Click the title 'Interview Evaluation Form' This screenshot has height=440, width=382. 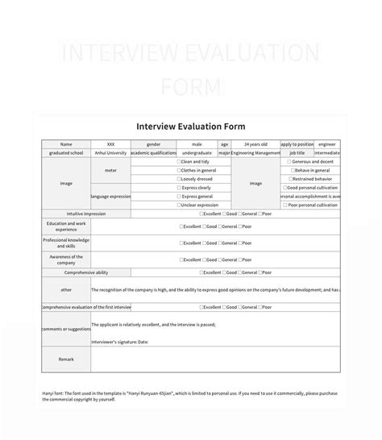[191, 127]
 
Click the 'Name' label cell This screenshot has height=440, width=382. [66, 144]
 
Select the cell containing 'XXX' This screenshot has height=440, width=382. [110, 144]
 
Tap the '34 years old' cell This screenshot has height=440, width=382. [255, 144]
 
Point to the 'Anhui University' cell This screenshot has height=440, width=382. [110, 152]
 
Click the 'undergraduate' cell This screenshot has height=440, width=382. [197, 152]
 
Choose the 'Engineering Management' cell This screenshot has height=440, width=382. [255, 152]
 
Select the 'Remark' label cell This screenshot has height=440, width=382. [66, 359]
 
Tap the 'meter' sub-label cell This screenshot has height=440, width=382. [110, 170]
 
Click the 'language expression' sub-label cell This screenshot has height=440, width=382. [110, 196]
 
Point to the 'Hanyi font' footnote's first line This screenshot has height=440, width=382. [190, 393]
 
